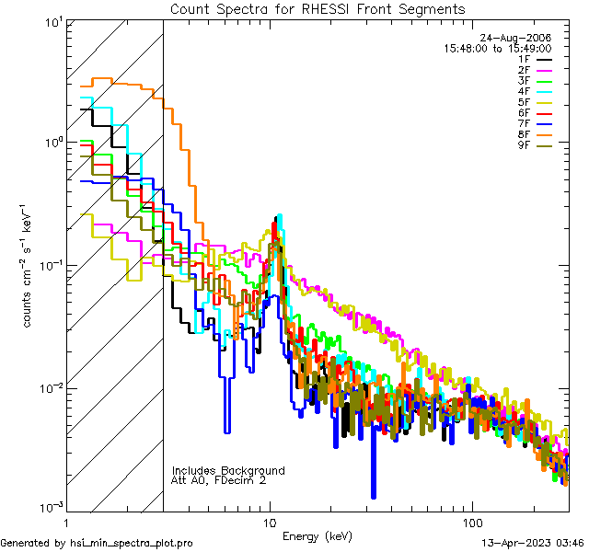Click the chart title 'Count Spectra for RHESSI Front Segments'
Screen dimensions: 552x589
(318, 9)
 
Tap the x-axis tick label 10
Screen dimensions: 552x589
(270, 521)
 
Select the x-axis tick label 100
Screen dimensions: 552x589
(471, 521)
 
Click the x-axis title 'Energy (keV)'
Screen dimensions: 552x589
(317, 535)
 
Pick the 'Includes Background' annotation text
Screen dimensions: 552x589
(228, 470)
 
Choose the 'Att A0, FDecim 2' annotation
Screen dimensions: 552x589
(218, 480)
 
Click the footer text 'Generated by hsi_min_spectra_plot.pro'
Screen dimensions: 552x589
(98, 544)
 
